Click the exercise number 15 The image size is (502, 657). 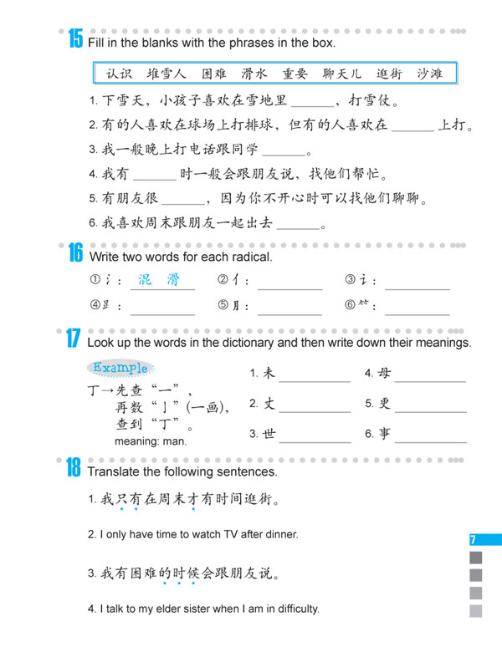coord(74,38)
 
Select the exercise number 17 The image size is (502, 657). coord(73,340)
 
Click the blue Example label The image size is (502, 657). coord(120,367)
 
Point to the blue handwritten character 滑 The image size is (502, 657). coord(172,280)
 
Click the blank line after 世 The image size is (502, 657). coord(315,440)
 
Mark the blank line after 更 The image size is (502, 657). coord(430,410)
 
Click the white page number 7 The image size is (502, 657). coord(474,540)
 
